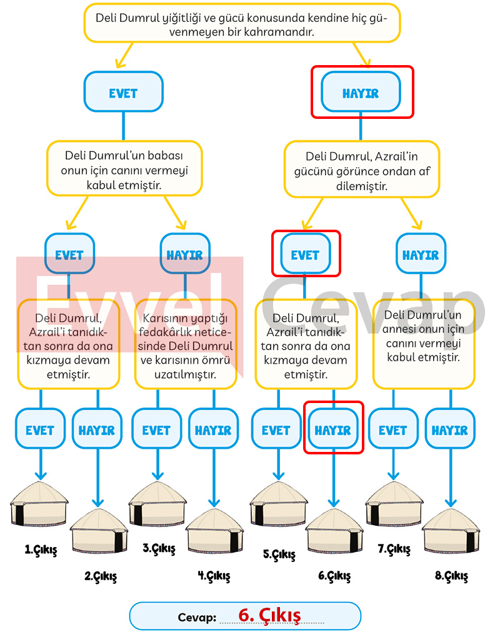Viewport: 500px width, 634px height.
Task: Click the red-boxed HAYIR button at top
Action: pos(361,93)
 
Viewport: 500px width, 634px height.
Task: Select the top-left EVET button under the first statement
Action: pos(123,92)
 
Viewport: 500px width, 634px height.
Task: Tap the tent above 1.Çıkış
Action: pos(39,503)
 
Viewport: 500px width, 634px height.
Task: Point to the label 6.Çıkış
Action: pos(334,576)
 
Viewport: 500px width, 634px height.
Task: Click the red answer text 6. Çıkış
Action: pos(269,615)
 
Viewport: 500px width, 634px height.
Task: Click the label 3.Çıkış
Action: pos(159,549)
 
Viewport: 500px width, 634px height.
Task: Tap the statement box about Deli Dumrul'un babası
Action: pos(124,169)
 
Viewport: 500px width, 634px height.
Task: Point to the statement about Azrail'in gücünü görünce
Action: pos(362,169)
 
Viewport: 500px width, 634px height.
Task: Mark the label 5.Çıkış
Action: pos(279,554)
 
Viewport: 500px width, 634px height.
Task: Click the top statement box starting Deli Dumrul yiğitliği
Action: pos(242,24)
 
